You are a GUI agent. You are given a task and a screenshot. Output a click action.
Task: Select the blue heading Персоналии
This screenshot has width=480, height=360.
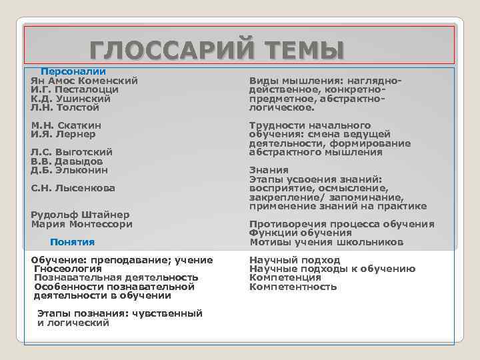(x=73, y=71)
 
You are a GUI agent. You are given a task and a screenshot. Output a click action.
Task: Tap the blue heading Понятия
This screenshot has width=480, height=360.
(x=73, y=242)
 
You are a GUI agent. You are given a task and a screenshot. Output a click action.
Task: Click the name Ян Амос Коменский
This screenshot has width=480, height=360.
(x=85, y=80)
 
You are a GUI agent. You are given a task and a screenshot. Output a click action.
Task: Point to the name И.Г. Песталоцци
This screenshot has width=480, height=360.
(x=75, y=89)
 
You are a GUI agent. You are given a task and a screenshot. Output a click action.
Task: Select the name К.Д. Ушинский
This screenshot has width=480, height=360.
(x=71, y=98)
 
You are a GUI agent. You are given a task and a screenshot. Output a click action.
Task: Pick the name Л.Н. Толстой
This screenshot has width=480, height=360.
(x=65, y=107)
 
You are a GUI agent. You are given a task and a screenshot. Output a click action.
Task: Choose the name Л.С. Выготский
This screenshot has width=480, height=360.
(x=72, y=152)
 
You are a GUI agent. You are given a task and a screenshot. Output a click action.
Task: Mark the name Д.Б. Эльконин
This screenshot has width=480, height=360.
(x=69, y=170)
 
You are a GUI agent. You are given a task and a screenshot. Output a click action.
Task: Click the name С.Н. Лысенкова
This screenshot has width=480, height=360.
(x=73, y=188)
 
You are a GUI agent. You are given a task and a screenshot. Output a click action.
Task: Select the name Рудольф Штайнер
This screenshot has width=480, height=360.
(x=81, y=215)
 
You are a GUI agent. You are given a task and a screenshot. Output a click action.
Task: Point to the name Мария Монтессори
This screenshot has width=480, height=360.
(x=82, y=224)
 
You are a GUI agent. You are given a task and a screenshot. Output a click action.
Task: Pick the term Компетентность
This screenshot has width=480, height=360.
(x=293, y=287)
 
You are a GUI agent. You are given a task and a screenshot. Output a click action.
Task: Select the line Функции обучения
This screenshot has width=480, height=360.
(x=301, y=233)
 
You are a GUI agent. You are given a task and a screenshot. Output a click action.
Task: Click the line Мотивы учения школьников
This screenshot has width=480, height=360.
(x=326, y=242)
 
